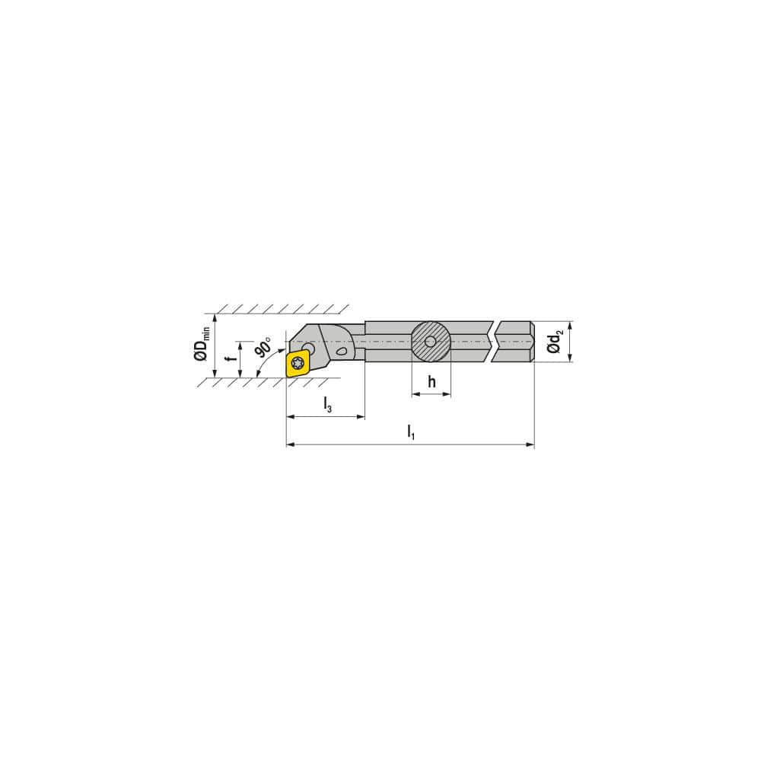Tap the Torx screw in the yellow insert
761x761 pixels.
click(x=298, y=363)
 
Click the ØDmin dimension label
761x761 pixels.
click(x=202, y=345)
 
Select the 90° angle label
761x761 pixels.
click(x=263, y=347)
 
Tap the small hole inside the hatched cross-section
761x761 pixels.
click(x=431, y=341)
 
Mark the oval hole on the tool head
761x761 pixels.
click(x=340, y=352)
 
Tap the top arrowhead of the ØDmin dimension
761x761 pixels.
click(x=215, y=318)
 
